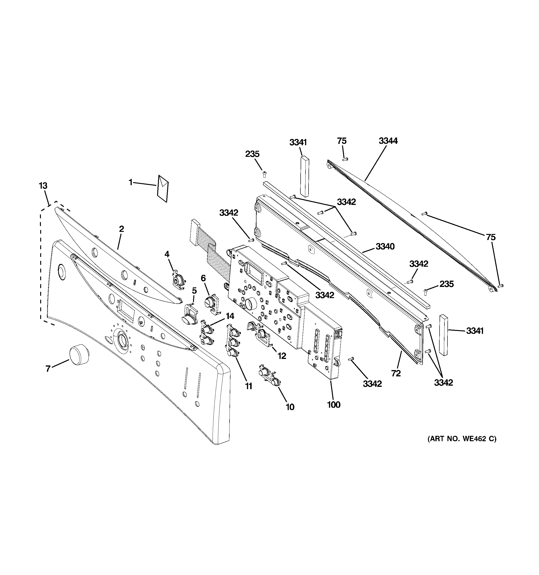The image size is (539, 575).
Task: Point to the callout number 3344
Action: click(x=388, y=141)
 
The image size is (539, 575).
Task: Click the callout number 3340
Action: click(x=385, y=246)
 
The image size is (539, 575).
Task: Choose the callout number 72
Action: click(x=396, y=373)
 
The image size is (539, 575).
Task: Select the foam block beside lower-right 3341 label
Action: click(x=444, y=335)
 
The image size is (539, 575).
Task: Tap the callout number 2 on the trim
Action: click(x=121, y=229)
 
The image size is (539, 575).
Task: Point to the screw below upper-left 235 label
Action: click(x=264, y=174)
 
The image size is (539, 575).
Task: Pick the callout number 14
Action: click(x=230, y=316)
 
